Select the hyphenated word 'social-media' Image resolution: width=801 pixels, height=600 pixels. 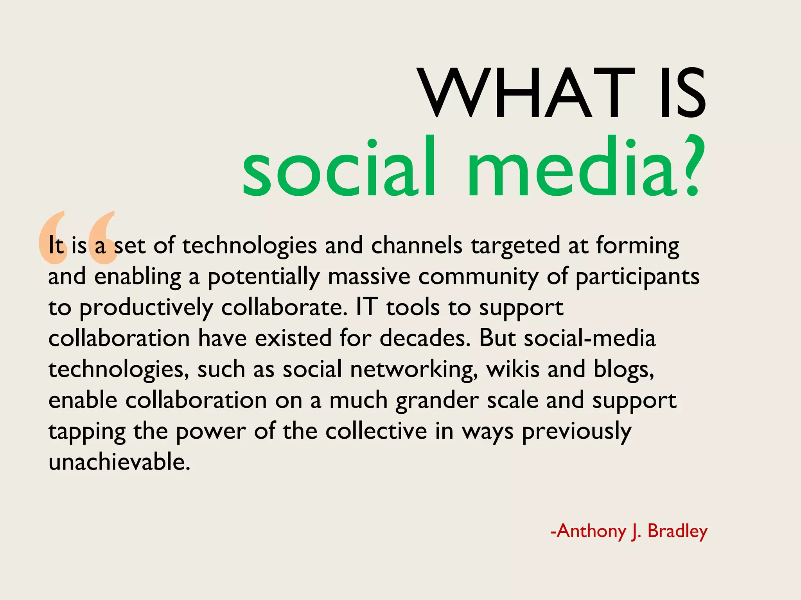(590, 338)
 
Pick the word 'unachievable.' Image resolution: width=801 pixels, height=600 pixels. (119, 462)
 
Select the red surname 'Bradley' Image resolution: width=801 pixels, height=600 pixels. (677, 532)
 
